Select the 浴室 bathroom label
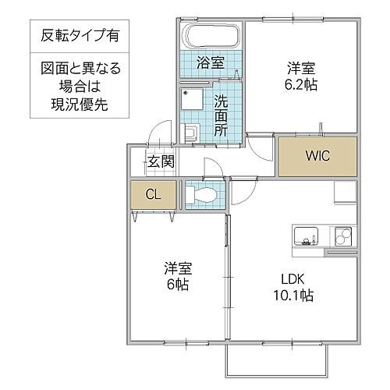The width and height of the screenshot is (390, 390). pyautogui.click(x=211, y=63)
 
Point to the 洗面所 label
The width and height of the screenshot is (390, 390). pyautogui.click(x=221, y=115)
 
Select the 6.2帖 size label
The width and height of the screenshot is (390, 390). pyautogui.click(x=300, y=83)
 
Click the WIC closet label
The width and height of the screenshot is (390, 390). pyautogui.click(x=317, y=155)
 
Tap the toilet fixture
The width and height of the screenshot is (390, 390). pyautogui.click(x=201, y=194)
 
